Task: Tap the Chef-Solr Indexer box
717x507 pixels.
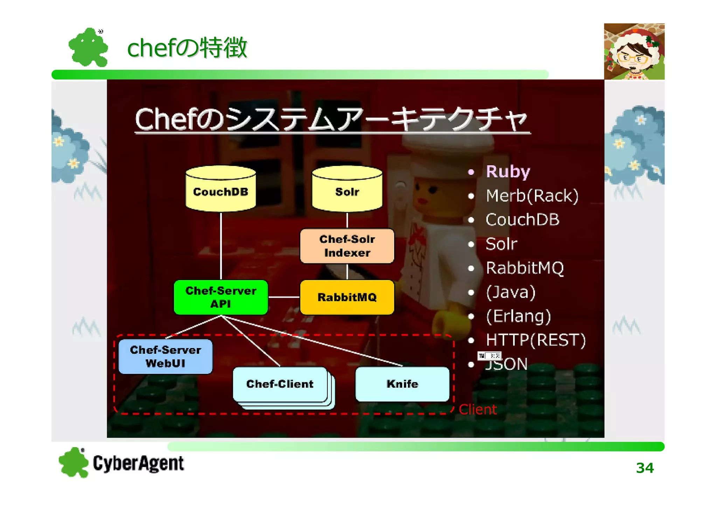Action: pos(347,246)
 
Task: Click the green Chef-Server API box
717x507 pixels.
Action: pos(221,297)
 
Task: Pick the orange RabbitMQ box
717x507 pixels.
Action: pos(347,297)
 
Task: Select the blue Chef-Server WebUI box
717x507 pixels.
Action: pos(165,356)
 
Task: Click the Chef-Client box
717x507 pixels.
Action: pos(280,384)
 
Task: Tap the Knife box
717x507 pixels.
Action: pos(402,384)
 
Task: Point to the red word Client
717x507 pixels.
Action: pos(478,409)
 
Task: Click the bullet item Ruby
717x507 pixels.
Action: pos(508,172)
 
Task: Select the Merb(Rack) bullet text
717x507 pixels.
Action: pos(532,196)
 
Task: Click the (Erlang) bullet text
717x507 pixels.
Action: pos(518,316)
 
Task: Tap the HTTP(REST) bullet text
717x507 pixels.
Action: pos(535,340)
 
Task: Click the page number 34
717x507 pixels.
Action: pos(645,468)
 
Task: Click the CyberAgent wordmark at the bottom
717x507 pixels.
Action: pos(138,463)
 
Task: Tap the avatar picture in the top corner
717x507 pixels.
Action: pos(634,51)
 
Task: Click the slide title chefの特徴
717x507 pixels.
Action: pos(187,48)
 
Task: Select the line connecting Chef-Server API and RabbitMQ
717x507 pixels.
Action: pos(284,297)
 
